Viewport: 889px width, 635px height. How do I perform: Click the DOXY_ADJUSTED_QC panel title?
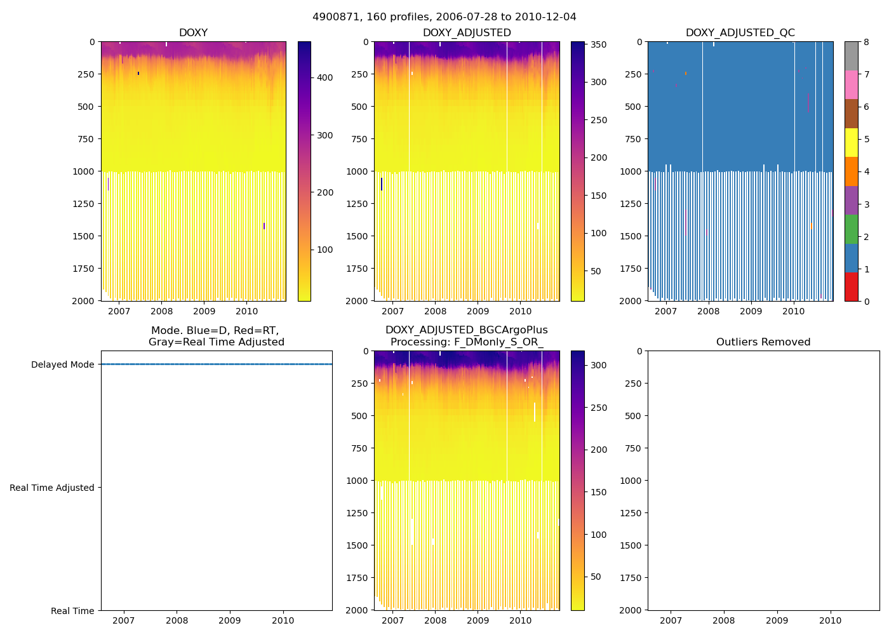740,33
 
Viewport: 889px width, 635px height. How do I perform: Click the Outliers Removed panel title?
763,342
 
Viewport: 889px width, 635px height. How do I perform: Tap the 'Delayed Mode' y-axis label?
62,364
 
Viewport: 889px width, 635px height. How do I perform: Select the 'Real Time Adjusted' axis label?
52,488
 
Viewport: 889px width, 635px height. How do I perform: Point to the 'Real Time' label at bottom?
72,611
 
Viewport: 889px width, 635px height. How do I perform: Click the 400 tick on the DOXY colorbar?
324,78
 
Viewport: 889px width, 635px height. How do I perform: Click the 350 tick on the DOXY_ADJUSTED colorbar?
598,44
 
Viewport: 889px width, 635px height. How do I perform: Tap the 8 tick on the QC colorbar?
867,42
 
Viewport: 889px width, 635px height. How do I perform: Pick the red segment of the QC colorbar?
851,286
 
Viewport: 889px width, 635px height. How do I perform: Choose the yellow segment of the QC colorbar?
851,142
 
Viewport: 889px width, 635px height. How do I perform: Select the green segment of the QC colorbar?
851,229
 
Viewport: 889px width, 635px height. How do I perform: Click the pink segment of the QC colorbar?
851,84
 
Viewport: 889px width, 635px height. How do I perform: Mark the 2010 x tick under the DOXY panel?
247,311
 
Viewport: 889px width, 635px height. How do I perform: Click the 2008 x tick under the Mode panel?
177,620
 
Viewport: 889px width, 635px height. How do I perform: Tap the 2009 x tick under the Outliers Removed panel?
777,620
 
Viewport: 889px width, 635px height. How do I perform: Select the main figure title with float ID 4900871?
444,17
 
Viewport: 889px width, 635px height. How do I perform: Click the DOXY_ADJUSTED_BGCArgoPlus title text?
466,330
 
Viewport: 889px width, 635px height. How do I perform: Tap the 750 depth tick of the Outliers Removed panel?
634,448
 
